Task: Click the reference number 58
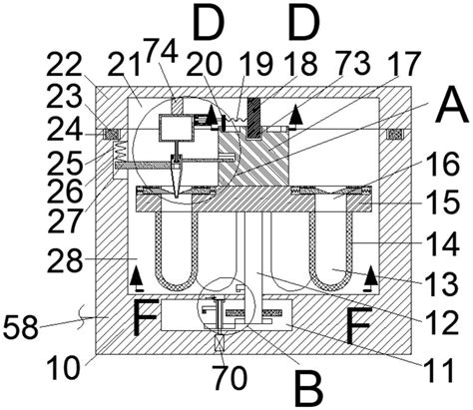21,327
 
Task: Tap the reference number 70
231,378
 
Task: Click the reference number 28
65,261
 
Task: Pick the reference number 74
161,50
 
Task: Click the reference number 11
438,370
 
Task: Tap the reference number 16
443,165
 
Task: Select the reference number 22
64,65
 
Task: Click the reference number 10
63,369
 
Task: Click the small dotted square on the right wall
395,135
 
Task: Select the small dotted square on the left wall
112,135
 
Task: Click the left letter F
146,317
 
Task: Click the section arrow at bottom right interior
370,280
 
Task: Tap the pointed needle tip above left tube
176,197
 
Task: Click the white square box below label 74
176,128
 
